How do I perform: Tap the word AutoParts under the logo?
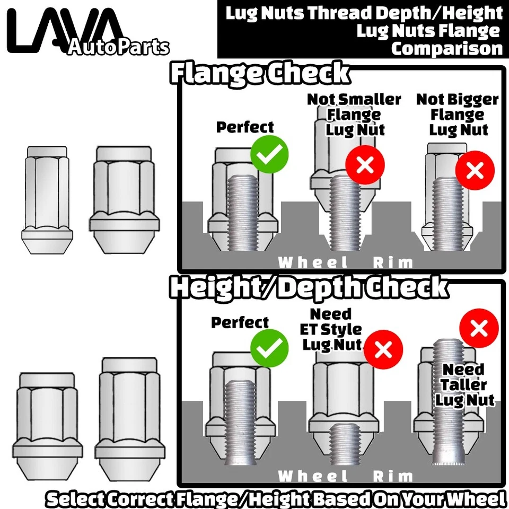pos(118,47)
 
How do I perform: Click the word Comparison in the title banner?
pos(446,48)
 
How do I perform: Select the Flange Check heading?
pos(260,74)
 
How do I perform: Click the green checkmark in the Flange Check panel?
pos(269,154)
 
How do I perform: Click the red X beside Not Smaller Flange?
pos(365,165)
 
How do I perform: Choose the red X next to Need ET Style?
pos(383,350)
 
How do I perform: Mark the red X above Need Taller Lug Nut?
pos(479,329)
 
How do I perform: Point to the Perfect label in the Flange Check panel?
pos(245,127)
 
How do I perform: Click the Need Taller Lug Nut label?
pos(464,384)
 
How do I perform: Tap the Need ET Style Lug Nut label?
pos(331,329)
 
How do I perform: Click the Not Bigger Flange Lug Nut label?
pos(458,115)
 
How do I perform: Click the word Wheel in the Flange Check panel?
pos(313,262)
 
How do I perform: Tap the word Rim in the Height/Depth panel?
pos(392,476)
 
